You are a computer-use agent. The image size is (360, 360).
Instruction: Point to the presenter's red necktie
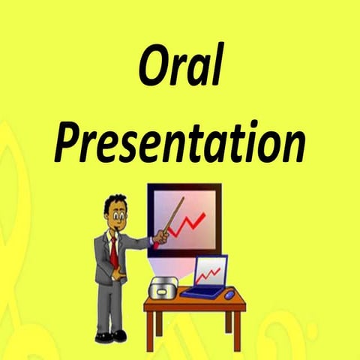click(x=113, y=252)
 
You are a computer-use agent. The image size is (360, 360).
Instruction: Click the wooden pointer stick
click(x=172, y=218)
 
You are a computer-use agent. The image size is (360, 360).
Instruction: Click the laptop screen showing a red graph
click(x=210, y=271)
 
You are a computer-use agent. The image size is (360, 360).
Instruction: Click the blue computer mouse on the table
click(x=229, y=292)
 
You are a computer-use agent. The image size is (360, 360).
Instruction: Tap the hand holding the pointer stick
click(x=160, y=238)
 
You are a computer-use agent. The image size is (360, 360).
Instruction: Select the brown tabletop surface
click(x=195, y=302)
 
